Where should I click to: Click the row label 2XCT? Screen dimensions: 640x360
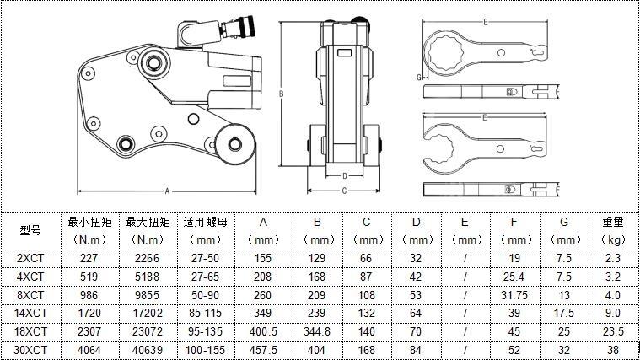point(30,258)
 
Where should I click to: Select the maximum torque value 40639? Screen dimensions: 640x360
point(148,350)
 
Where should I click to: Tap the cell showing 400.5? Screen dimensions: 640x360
point(263,331)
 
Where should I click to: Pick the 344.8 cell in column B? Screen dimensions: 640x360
point(317,331)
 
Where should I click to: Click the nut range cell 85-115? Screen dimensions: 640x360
point(205,313)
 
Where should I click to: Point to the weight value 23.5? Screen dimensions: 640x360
point(613,331)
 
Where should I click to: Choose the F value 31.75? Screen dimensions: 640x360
point(514,295)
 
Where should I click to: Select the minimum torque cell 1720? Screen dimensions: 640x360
point(89,313)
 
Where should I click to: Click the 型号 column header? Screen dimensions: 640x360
point(30,230)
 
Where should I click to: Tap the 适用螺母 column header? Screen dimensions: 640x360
point(205,222)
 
